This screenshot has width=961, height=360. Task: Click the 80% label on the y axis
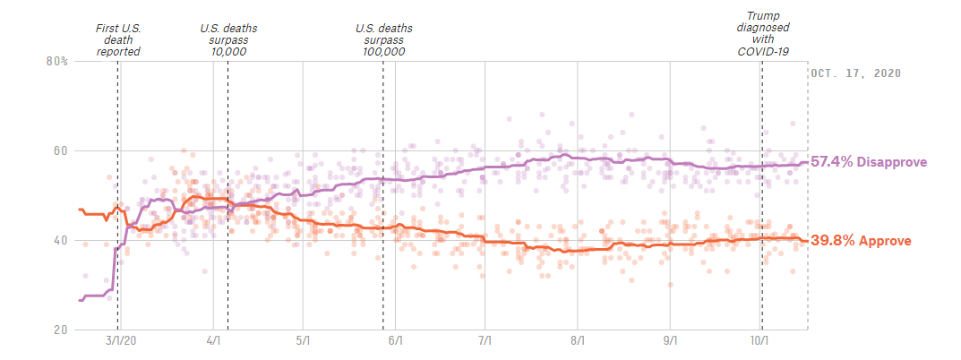tap(56, 62)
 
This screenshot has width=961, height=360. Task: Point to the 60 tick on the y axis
tap(60, 151)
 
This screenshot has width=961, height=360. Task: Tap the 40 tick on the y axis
tap(60, 241)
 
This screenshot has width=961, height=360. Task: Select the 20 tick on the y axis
tap(60, 330)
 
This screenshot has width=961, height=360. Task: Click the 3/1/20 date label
tap(121, 341)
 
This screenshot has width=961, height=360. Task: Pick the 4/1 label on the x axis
tap(213, 341)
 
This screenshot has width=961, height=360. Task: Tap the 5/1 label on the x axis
tap(304, 341)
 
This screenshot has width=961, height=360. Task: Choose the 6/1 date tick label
tap(395, 341)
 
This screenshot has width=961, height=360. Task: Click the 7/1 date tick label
tap(485, 341)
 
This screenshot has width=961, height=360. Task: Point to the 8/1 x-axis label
tap(578, 341)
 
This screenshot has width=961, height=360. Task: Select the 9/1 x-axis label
tap(670, 341)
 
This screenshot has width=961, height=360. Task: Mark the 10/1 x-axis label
tap(759, 341)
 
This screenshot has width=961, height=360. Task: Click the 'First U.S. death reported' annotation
tap(118, 39)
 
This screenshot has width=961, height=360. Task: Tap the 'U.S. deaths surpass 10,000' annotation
tap(227, 39)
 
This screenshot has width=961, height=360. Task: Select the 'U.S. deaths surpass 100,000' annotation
tap(383, 39)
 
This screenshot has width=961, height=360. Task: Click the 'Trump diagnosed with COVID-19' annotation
tap(762, 33)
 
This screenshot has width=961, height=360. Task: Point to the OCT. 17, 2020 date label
tap(855, 73)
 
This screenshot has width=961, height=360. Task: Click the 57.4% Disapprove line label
tap(868, 162)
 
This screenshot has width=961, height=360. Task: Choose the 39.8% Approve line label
tap(861, 241)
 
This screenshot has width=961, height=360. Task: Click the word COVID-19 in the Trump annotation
tap(762, 51)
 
